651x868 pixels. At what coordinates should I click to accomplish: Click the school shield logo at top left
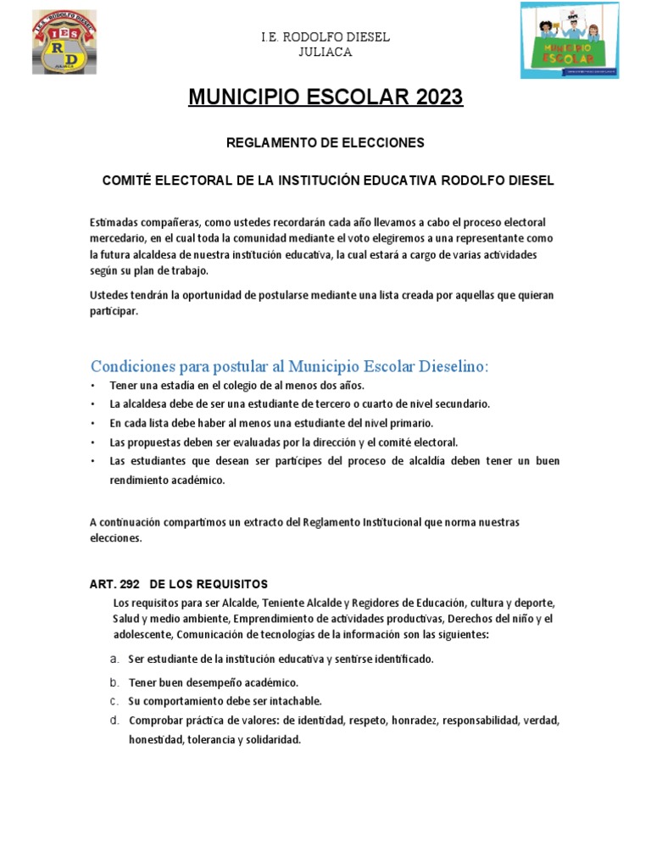[64, 43]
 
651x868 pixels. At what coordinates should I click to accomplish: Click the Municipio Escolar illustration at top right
[569, 40]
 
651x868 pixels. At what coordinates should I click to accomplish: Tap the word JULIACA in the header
[325, 52]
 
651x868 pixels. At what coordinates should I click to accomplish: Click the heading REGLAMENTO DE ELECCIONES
[325, 143]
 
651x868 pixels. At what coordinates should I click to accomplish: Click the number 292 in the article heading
[130, 584]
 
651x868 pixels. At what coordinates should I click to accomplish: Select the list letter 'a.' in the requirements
[114, 659]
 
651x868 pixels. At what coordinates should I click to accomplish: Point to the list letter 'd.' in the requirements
[114, 721]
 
